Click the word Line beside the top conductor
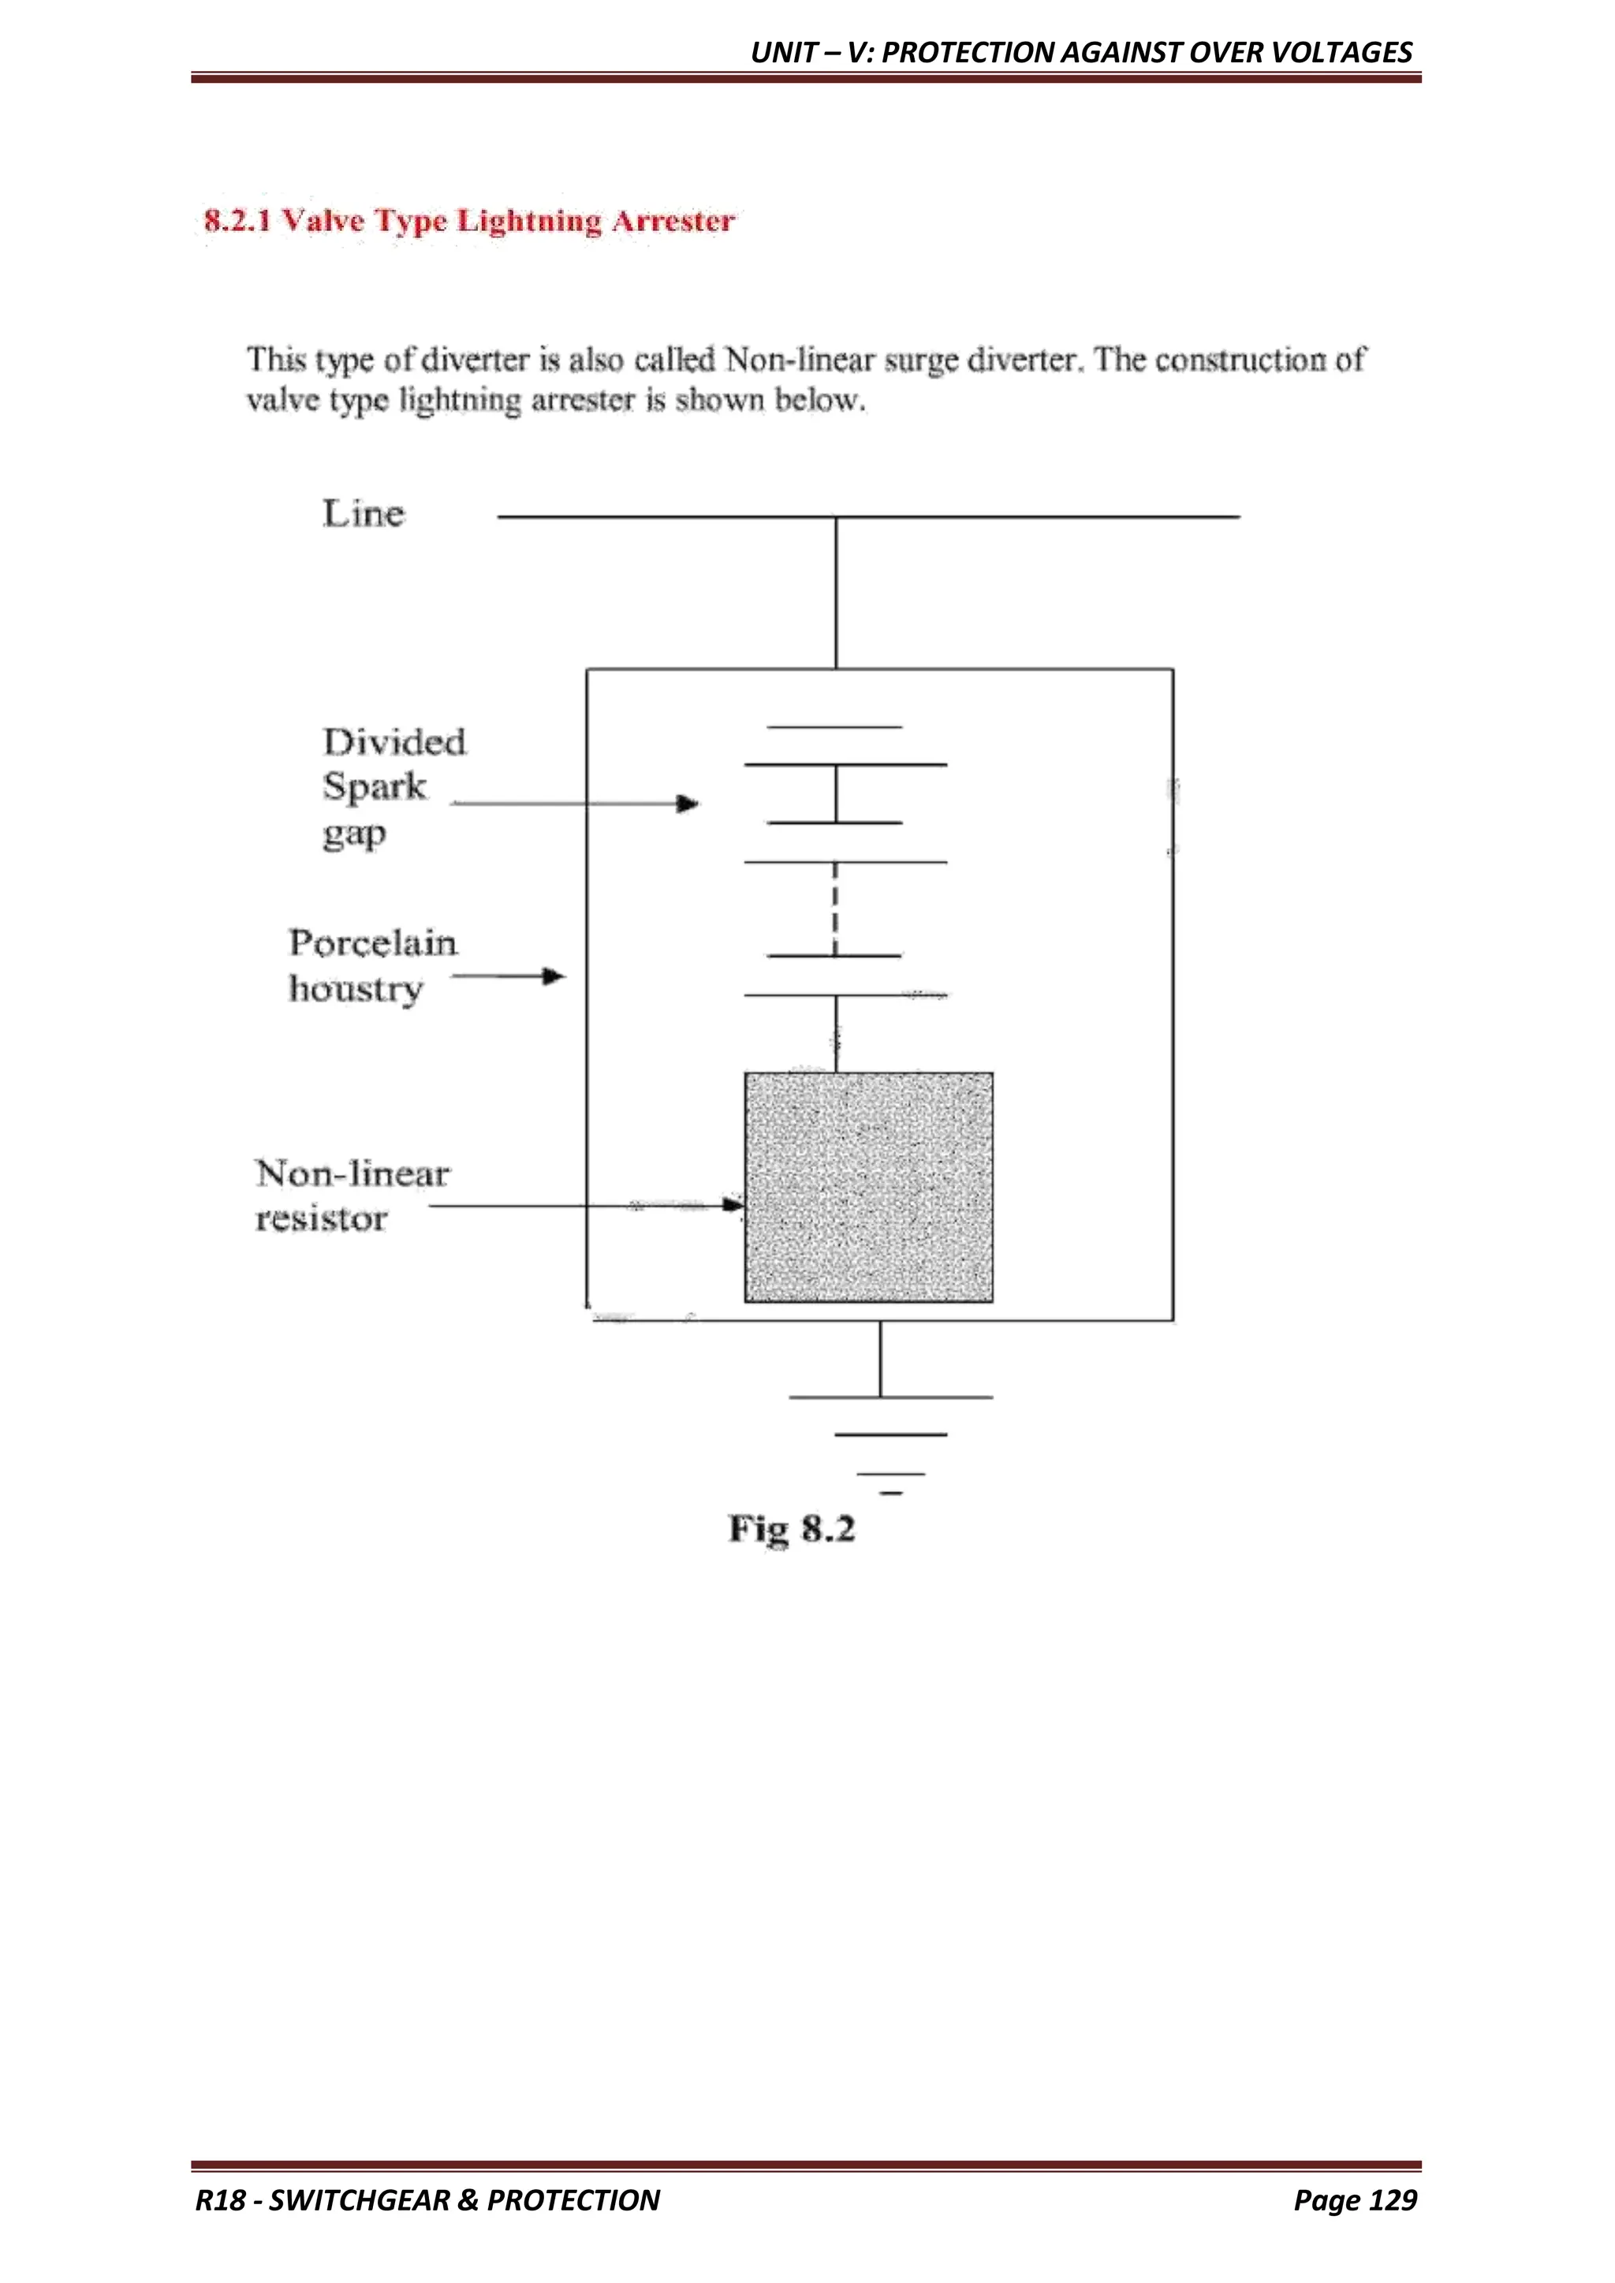363,514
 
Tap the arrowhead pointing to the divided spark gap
688,803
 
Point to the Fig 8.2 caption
792,1528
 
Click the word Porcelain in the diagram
373,942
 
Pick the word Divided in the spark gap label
393,742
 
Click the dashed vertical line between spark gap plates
835,908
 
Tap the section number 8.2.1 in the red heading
237,220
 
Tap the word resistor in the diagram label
320,1219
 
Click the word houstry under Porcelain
355,990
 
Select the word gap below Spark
353,834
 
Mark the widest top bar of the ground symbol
890,1397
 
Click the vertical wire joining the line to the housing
835,592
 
